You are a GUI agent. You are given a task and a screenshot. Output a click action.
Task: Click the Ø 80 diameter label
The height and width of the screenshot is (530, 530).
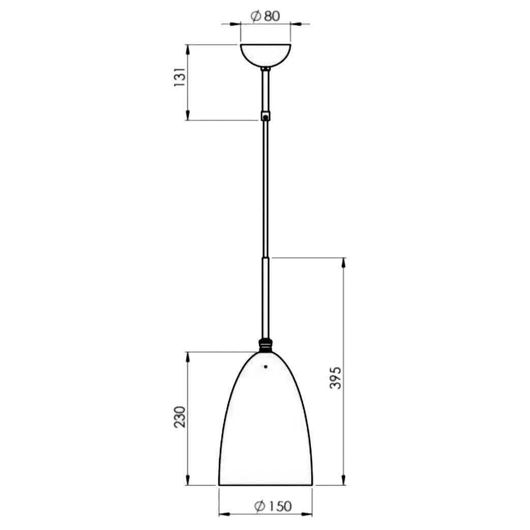pyautogui.click(x=266, y=16)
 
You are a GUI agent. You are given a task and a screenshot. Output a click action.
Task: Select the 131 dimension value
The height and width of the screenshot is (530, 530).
pyautogui.click(x=180, y=77)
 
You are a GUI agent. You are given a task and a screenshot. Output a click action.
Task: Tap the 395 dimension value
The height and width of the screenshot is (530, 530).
pyautogui.click(x=335, y=377)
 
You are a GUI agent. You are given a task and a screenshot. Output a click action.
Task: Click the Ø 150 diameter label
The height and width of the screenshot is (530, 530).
pyautogui.click(x=273, y=506)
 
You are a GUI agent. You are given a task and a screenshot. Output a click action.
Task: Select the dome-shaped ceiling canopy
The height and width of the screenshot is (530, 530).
pyautogui.click(x=265, y=54)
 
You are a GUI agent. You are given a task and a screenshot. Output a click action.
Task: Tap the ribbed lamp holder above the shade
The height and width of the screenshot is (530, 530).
pyautogui.click(x=265, y=345)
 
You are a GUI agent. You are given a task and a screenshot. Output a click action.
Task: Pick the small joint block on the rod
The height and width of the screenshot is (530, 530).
pyautogui.click(x=265, y=116)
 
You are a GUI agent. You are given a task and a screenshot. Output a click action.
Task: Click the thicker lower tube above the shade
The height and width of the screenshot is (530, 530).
pyautogui.click(x=265, y=298)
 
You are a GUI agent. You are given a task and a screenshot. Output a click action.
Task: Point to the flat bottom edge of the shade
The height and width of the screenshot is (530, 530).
pyautogui.click(x=265, y=485)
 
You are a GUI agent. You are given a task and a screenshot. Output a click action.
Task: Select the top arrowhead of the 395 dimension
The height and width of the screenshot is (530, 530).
pyautogui.click(x=343, y=262)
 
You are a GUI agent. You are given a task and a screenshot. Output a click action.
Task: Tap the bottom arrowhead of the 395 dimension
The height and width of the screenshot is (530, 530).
pyautogui.click(x=343, y=480)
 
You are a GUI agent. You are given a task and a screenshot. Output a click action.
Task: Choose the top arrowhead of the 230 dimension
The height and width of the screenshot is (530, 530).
pyautogui.click(x=188, y=357)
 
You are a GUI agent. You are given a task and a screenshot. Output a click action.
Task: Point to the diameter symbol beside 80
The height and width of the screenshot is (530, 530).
pyautogui.click(x=256, y=16)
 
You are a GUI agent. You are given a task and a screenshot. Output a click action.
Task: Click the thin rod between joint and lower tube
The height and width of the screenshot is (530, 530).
pyautogui.click(x=265, y=188)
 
